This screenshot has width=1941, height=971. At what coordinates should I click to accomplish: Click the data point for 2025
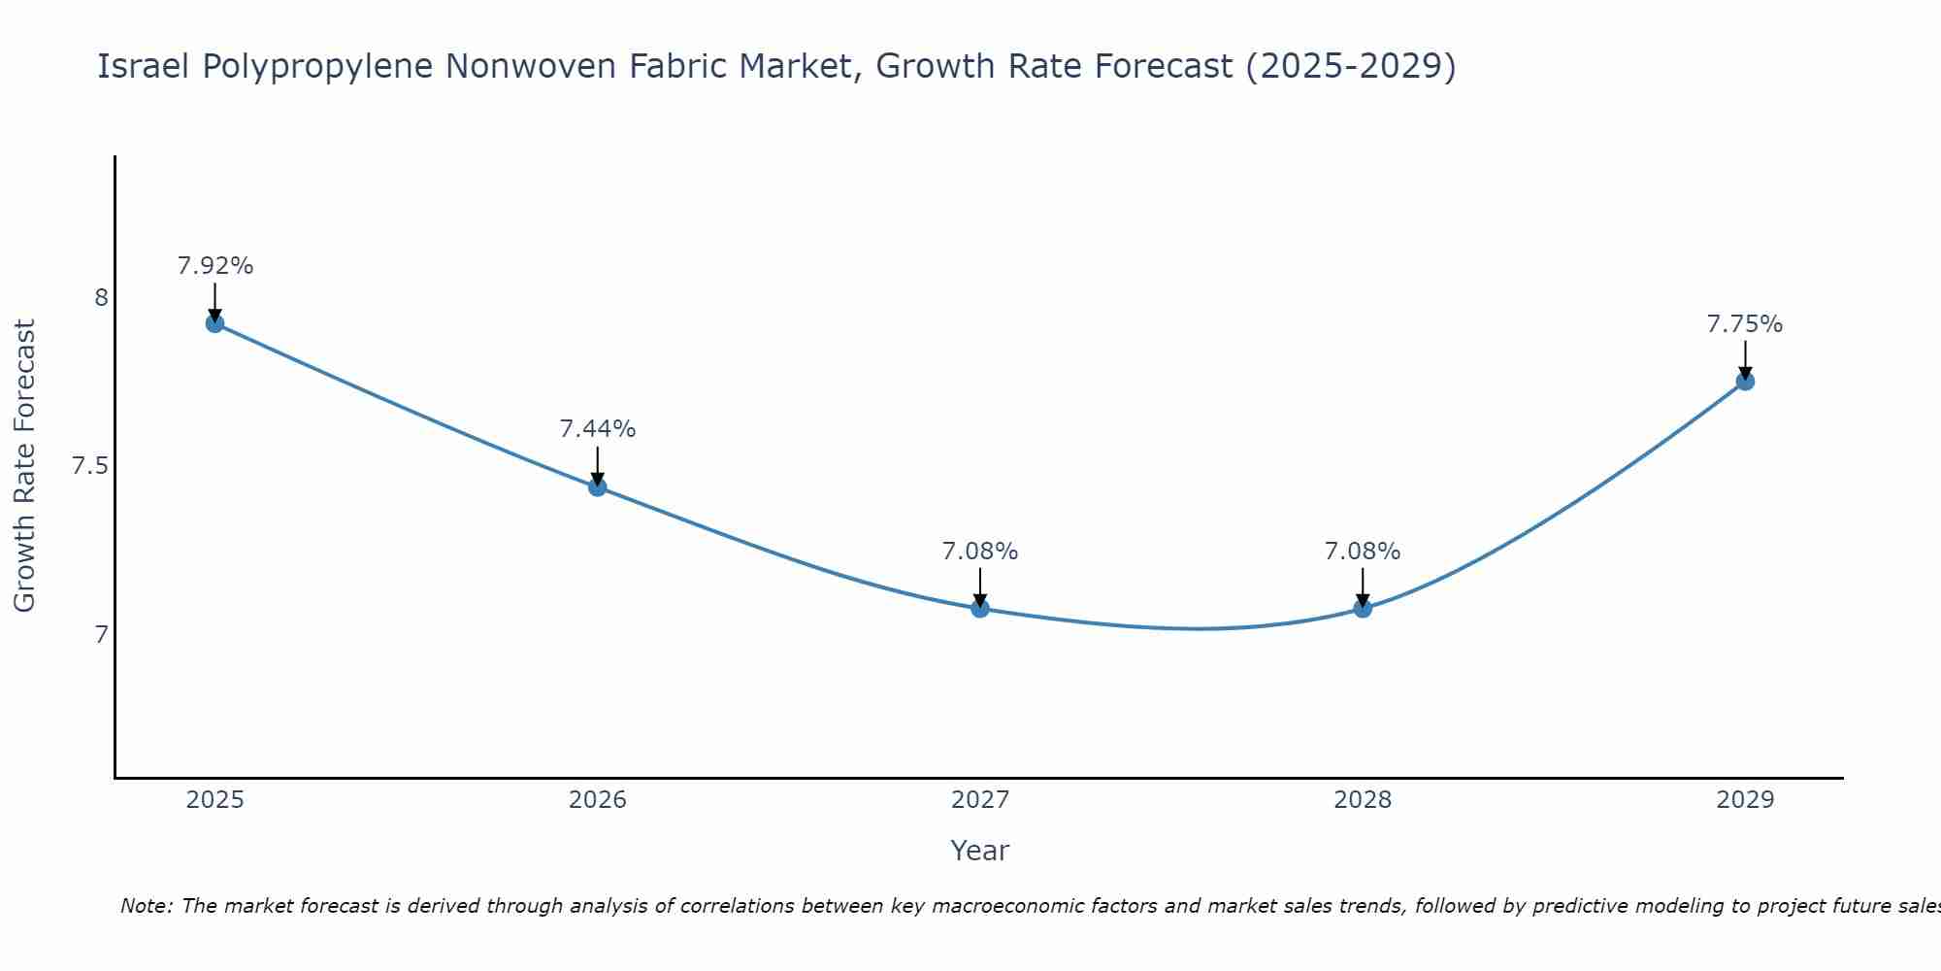click(x=215, y=323)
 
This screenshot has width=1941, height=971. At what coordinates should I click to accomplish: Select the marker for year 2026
click(x=598, y=486)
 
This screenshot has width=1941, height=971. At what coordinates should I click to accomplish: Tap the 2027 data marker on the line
click(x=980, y=609)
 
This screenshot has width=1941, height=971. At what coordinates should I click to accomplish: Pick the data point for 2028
click(x=1363, y=609)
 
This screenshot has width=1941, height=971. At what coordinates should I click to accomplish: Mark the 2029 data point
click(x=1745, y=382)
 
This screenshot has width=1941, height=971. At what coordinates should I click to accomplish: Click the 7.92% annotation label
click(x=215, y=266)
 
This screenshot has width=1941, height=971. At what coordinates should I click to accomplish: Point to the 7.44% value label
click(x=598, y=429)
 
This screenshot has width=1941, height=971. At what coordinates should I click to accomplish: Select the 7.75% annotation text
click(x=1745, y=324)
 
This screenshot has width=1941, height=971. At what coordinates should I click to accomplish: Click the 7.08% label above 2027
click(x=980, y=552)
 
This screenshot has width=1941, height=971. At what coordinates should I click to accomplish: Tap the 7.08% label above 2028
click(x=1363, y=552)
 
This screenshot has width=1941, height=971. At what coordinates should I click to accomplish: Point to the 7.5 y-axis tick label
click(x=89, y=467)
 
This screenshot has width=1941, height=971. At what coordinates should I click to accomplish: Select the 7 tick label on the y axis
click(x=101, y=635)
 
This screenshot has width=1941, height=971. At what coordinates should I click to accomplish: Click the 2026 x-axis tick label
click(x=598, y=800)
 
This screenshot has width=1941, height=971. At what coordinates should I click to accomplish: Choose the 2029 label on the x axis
click(x=1745, y=800)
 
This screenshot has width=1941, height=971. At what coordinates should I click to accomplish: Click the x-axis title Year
click(x=980, y=851)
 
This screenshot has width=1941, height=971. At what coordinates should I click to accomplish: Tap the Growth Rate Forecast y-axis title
click(x=24, y=466)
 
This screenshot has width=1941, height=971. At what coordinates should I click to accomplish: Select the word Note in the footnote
click(x=146, y=906)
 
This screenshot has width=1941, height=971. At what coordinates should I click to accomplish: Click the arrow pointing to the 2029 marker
click(x=1745, y=359)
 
